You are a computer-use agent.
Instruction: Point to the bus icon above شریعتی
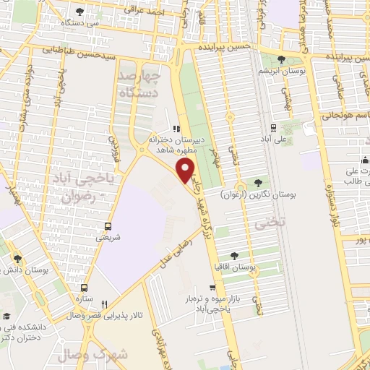[x=108, y=226]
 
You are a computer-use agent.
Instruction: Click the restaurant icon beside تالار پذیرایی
[x=105, y=304]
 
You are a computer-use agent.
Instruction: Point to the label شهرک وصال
[x=121, y=355]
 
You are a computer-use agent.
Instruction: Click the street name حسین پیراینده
[x=227, y=46]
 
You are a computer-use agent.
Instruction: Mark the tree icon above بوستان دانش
[x=17, y=257]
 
